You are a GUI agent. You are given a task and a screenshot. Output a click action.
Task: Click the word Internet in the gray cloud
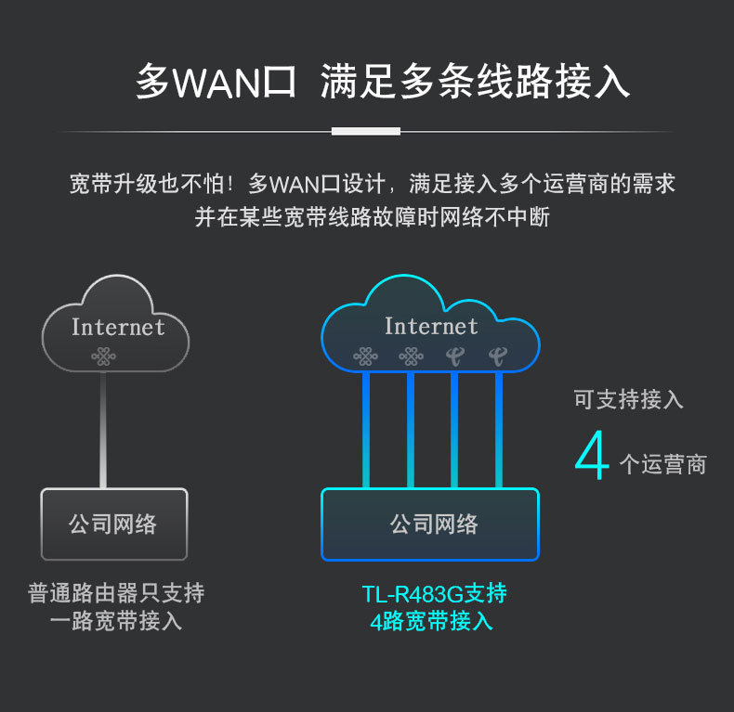(118, 327)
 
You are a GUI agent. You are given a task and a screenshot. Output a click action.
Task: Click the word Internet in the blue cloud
(431, 326)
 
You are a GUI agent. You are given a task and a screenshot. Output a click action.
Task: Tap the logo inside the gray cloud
(103, 356)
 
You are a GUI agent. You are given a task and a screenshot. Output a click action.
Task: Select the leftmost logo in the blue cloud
(366, 356)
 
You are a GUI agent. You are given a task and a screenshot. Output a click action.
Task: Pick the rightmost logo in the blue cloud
(498, 356)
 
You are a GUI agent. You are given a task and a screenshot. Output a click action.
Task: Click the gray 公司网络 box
(113, 524)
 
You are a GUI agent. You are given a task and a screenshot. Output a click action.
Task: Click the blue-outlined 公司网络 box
(430, 524)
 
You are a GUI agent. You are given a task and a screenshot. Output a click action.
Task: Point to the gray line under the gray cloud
(103, 427)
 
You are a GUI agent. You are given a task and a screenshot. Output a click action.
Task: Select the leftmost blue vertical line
(366, 427)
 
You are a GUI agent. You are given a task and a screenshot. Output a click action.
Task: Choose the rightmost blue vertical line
(499, 427)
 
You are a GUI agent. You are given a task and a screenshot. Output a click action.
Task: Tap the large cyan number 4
(592, 455)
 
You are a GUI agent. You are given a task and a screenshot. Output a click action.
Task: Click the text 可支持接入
(628, 400)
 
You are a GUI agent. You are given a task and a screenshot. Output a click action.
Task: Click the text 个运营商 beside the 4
(662, 464)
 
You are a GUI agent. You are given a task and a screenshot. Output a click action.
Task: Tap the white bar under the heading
(366, 131)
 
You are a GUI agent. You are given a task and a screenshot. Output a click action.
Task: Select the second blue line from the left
(411, 427)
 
